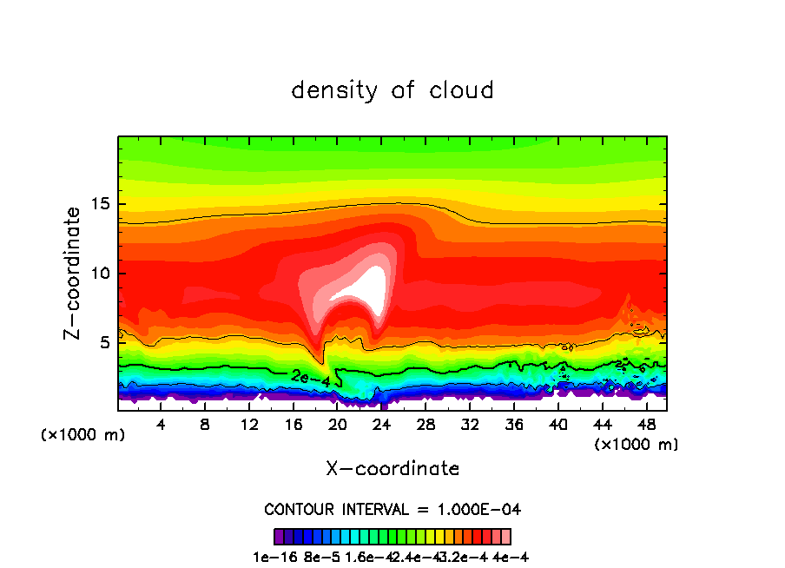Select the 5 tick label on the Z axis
(102, 342)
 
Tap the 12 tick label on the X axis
(250, 425)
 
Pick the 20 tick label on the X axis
(338, 425)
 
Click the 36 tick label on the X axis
(514, 425)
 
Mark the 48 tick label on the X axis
(646, 425)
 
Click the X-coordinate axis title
(392, 469)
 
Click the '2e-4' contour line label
(310, 378)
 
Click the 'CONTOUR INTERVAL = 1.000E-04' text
(392, 509)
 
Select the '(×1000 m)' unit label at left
(83, 435)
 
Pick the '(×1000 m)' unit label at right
(637, 445)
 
